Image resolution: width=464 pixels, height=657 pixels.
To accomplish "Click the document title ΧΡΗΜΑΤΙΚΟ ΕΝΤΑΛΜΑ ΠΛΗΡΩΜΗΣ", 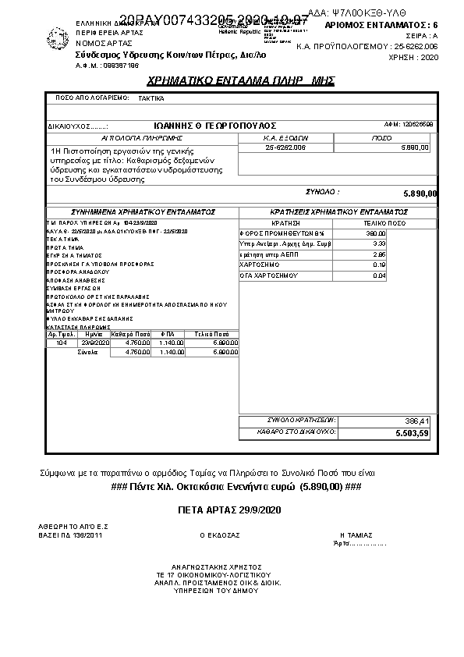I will (x=240, y=81).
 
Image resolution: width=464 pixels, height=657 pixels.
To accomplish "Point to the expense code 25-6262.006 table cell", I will (x=285, y=147).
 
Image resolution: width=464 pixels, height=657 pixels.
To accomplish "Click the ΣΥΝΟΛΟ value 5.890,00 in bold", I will (x=420, y=194).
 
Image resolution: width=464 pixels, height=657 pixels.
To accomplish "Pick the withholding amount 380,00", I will (x=376, y=233).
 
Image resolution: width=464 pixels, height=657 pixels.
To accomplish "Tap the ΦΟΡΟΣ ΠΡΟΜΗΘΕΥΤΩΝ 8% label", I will (x=271, y=233).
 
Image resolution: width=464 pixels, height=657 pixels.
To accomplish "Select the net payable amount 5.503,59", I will (x=413, y=432).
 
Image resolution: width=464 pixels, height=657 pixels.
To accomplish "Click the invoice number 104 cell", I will (x=62, y=343).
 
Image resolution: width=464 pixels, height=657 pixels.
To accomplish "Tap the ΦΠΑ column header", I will (x=167, y=334).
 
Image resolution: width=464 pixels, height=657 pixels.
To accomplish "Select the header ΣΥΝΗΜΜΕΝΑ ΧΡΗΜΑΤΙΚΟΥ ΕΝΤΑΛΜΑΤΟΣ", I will (x=143, y=211).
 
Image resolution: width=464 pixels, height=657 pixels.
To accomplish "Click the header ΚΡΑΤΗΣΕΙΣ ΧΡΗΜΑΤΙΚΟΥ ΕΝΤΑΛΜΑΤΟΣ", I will (x=338, y=211).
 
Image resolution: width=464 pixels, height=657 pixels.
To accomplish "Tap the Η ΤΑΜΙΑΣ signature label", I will (x=354, y=535).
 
